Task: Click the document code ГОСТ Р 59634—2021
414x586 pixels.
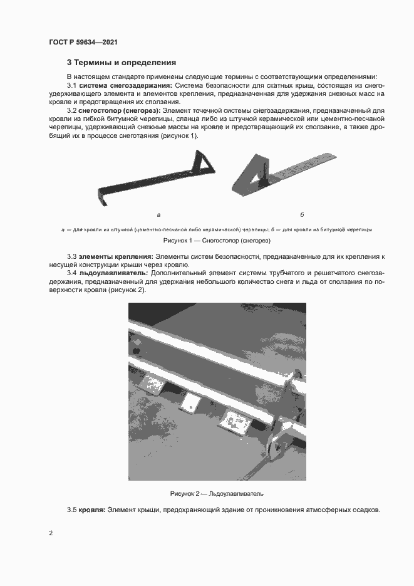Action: point(83,42)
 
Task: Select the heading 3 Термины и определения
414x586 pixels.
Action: point(122,63)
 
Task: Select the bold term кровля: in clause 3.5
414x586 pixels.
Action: point(91,510)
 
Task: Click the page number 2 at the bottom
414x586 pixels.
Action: point(51,533)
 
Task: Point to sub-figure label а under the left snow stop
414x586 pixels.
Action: point(158,214)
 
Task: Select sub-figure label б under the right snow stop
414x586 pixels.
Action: point(302,214)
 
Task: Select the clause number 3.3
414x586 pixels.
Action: point(72,257)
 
